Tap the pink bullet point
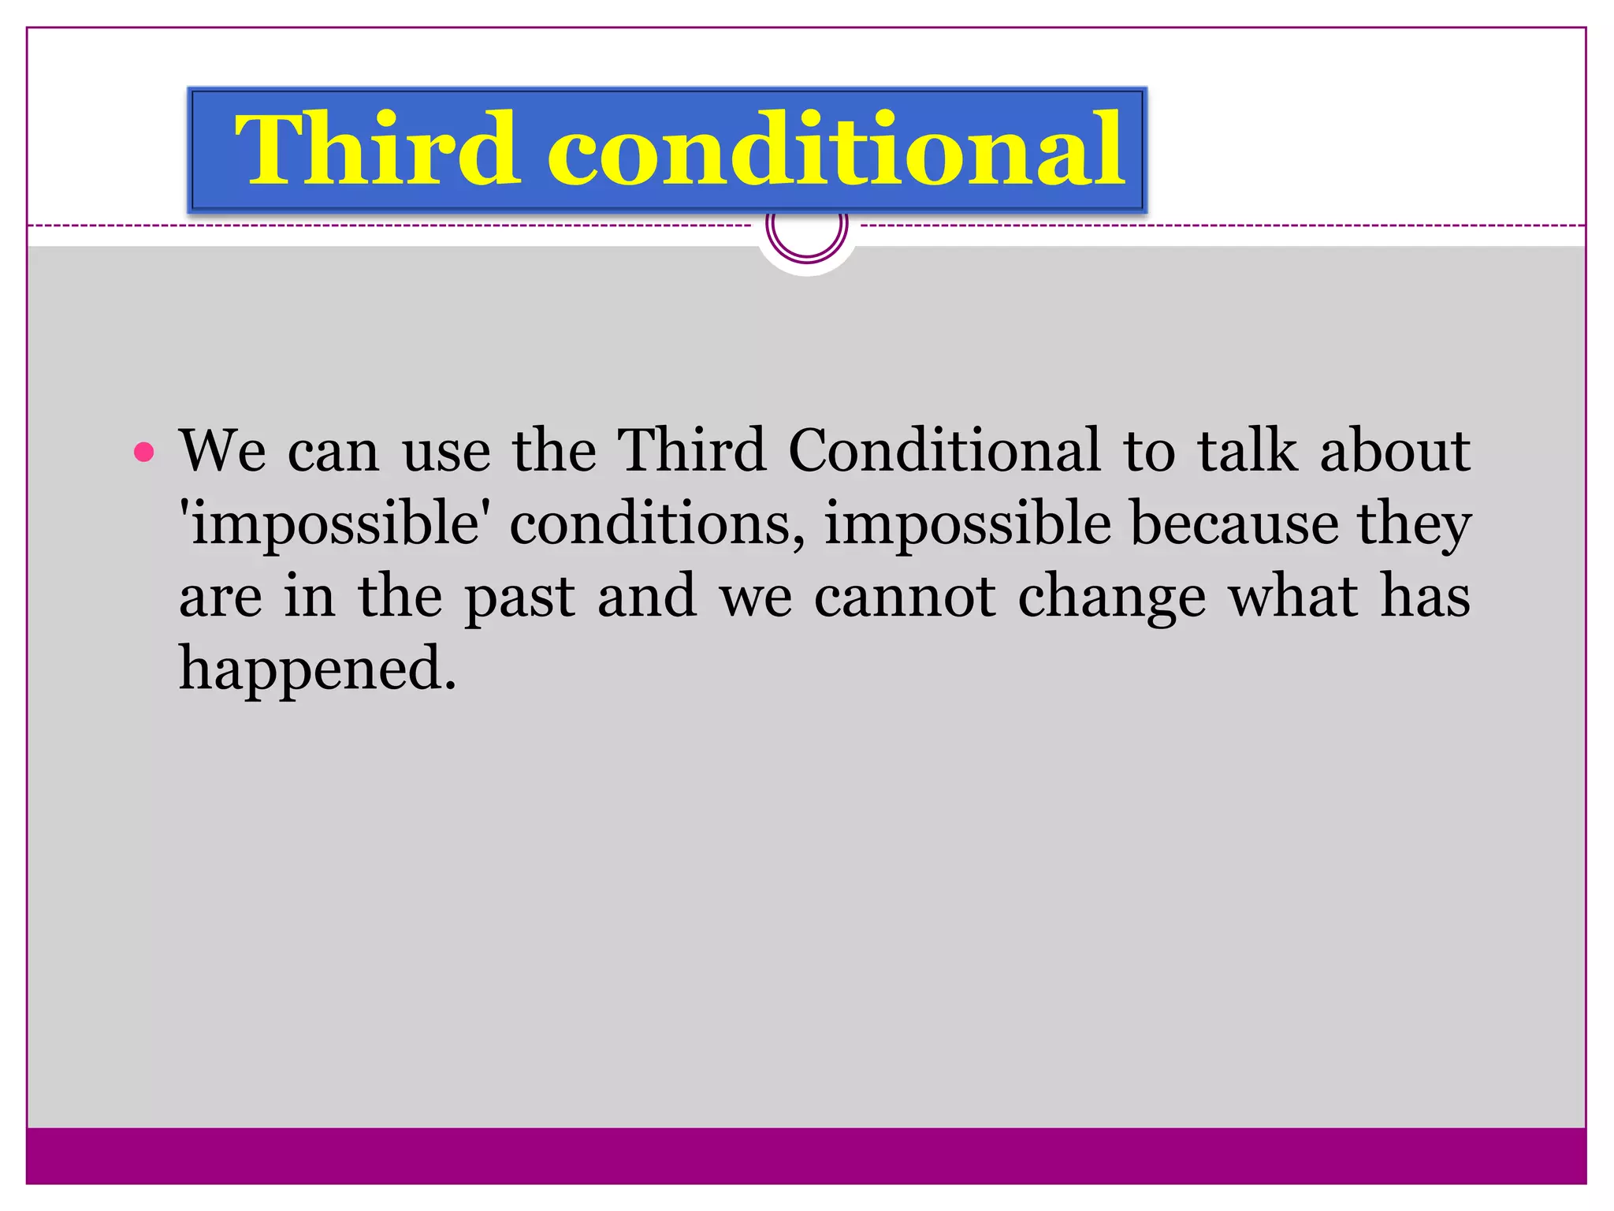coord(144,453)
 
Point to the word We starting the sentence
coord(222,451)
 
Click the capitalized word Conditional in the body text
coord(943,451)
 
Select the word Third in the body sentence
coord(691,451)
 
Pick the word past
coord(519,597)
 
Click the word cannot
coord(905,597)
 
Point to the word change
coord(1111,597)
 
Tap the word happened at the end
coord(317,669)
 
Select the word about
coord(1394,451)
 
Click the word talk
coord(1247,451)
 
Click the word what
coord(1293,597)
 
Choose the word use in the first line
coord(446,451)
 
